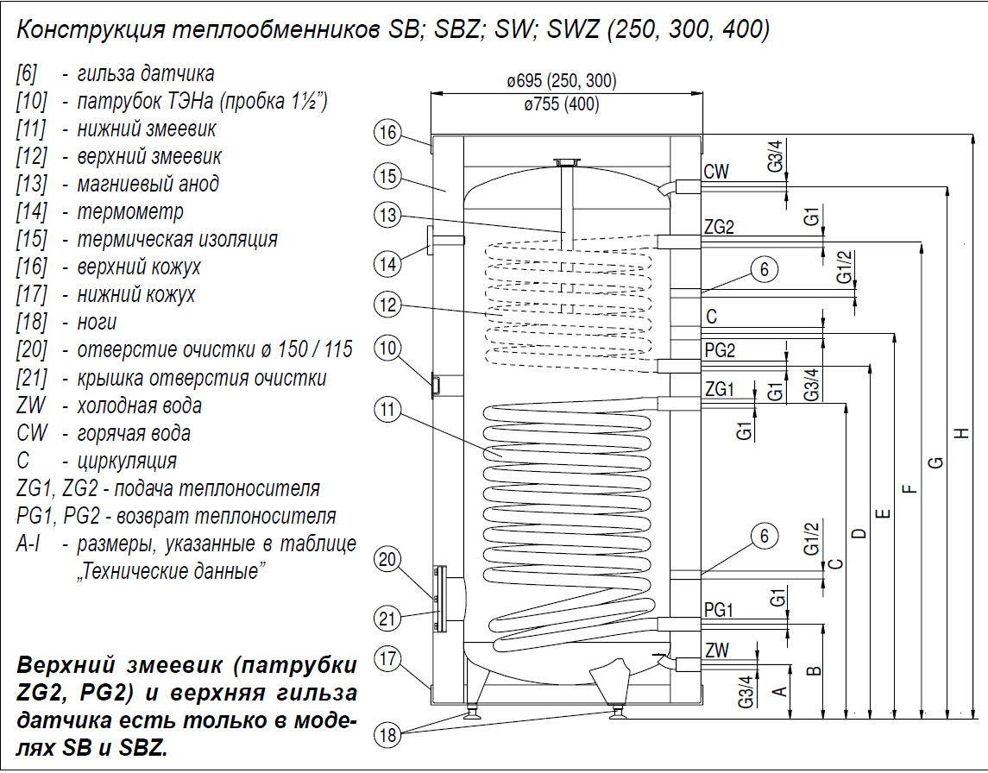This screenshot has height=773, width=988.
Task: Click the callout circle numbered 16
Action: [x=388, y=133]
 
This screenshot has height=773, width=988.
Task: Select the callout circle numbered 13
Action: [x=388, y=215]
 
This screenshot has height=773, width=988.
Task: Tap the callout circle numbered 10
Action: [x=388, y=349]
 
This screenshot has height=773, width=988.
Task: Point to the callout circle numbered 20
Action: [x=388, y=560]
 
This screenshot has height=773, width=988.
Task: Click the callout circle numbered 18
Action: [x=388, y=735]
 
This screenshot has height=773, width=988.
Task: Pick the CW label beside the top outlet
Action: [x=716, y=171]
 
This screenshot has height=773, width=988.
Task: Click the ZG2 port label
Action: [x=719, y=228]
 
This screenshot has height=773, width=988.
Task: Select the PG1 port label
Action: [x=719, y=611]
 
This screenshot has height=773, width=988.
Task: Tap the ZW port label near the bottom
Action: [x=716, y=650]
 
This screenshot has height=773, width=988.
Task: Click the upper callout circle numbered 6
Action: [x=764, y=269]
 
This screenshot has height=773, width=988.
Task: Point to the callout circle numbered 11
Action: [x=388, y=410]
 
